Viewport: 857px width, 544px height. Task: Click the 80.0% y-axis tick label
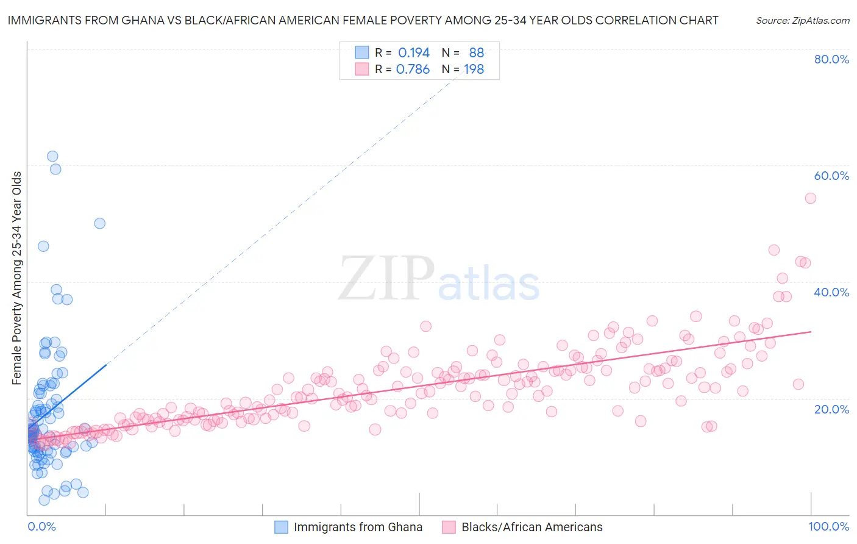(831, 59)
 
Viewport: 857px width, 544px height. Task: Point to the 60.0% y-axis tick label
(831, 176)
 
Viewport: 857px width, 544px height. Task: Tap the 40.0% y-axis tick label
(831, 292)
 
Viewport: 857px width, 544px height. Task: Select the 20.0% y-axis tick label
(831, 409)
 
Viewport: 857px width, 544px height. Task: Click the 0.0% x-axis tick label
(41, 526)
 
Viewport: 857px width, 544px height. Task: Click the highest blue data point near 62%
(52, 157)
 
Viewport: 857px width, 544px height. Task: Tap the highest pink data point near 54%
(810, 198)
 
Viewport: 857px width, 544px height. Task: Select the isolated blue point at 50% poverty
(99, 223)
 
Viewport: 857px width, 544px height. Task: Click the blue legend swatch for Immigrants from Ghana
(281, 527)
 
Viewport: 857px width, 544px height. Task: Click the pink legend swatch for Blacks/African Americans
(449, 527)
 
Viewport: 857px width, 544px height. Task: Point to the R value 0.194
(414, 53)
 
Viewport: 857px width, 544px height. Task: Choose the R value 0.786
(413, 70)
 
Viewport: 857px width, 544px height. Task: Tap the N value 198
(474, 70)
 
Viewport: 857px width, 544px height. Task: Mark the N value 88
(476, 53)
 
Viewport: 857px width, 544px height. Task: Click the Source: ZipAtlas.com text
(802, 21)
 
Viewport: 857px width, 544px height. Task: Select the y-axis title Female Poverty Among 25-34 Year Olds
(17, 278)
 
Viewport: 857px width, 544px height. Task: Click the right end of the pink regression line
(811, 332)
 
